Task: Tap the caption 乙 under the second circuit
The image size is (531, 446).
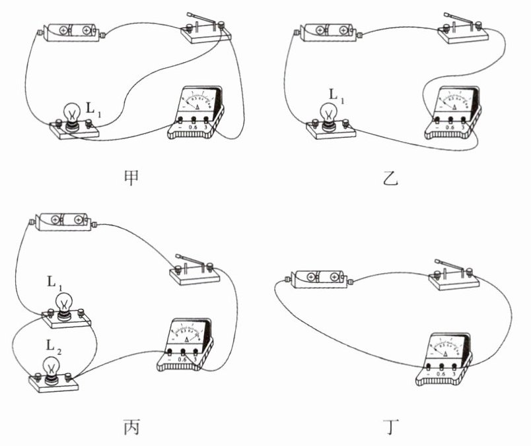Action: [391, 177]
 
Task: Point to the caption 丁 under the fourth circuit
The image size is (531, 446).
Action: [391, 427]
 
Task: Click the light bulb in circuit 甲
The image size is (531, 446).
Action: [71, 113]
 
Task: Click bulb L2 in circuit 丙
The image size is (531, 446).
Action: [52, 366]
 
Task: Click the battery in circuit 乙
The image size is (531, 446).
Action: [328, 30]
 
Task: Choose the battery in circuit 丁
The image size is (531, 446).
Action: [320, 276]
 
